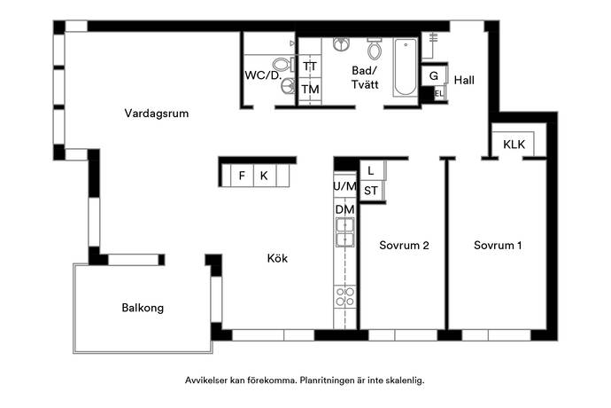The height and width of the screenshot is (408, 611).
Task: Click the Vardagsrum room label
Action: [156, 114]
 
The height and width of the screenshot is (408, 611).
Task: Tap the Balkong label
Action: [143, 308]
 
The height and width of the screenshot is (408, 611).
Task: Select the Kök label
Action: [277, 258]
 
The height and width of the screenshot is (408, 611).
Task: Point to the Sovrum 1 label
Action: [498, 245]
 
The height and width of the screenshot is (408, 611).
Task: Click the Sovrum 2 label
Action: [404, 245]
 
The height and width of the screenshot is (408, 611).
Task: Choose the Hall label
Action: [464, 80]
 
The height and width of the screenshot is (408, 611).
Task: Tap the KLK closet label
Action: [514, 145]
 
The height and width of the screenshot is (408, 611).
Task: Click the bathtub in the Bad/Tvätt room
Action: [406, 67]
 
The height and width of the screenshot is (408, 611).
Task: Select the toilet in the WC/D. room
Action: [282, 64]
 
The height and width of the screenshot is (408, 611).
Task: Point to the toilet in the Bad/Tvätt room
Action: [375, 49]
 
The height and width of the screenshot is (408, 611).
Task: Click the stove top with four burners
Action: [345, 297]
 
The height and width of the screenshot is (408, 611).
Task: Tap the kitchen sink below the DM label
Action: [345, 232]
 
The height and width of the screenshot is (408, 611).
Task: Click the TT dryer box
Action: [310, 67]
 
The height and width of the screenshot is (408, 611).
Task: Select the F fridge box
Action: [242, 176]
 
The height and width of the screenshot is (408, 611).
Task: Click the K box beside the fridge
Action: [265, 176]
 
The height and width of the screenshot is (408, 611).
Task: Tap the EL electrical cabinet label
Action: [438, 94]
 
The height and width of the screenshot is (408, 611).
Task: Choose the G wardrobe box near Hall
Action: [434, 75]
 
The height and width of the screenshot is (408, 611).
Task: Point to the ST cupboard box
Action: [371, 191]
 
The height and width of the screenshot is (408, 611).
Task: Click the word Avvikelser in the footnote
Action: [205, 381]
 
